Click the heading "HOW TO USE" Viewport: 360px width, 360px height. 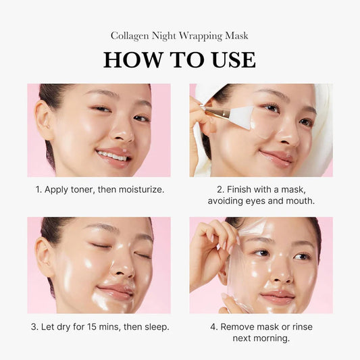click(180, 59)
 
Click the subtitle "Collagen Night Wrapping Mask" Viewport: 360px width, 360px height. click(180, 35)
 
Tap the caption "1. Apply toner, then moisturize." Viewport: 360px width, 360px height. click(99, 190)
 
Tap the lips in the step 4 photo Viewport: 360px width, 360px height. click(277, 297)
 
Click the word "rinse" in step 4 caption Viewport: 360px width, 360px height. click(301, 327)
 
